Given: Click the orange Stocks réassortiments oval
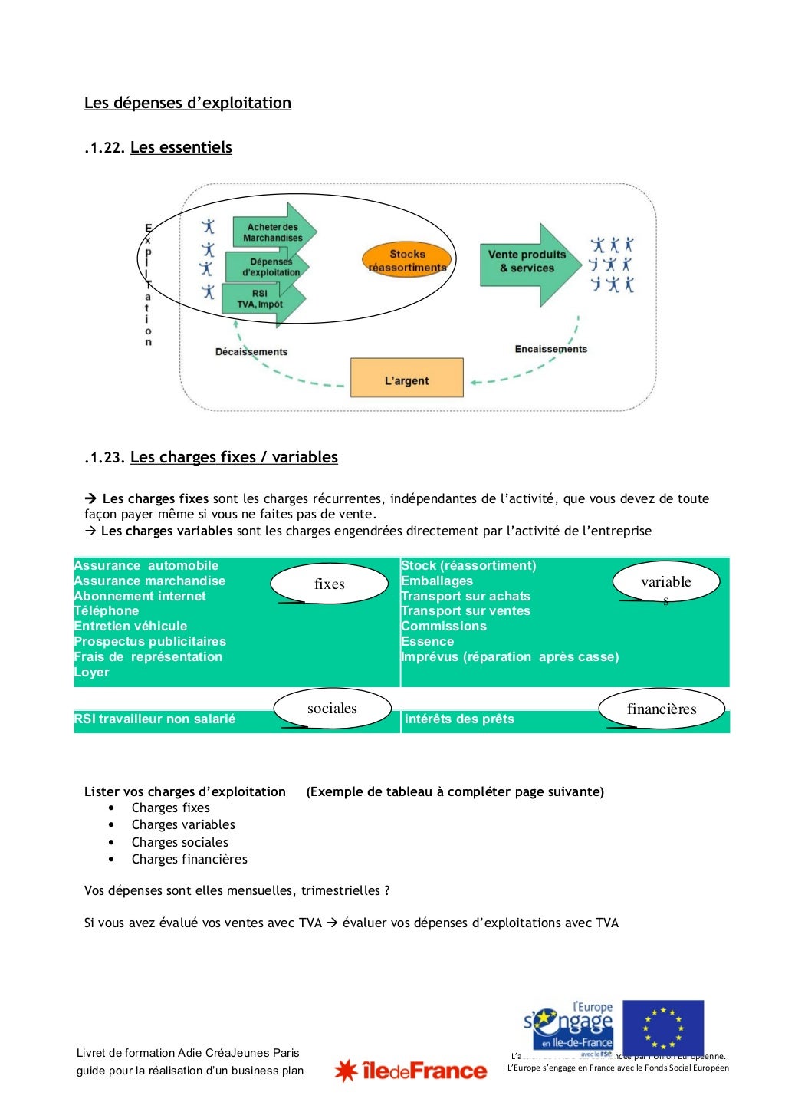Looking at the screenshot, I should (407, 261).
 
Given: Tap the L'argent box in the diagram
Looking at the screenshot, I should (406, 378).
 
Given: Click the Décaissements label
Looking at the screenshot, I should (251, 352).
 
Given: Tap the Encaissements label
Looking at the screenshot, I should (550, 349).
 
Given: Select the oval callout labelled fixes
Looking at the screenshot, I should (330, 584).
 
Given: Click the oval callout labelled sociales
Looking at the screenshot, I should (332, 709).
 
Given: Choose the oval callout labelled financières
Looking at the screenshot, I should (661, 709).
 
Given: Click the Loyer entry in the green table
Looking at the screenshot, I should (92, 673).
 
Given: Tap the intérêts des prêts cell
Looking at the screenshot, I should (459, 719).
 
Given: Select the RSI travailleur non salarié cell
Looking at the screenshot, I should (155, 719).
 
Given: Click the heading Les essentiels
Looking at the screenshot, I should (181, 147).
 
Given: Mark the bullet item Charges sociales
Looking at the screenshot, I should (179, 842).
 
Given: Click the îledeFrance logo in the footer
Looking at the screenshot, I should (411, 1071).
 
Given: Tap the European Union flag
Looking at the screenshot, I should (663, 1028).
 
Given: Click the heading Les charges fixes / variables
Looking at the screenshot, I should (234, 457).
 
